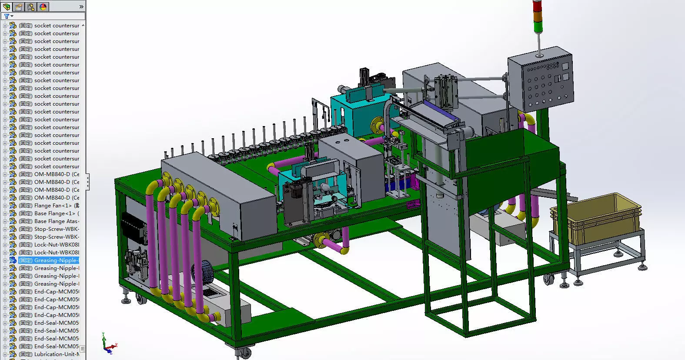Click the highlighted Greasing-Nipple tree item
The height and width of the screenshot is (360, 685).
56,260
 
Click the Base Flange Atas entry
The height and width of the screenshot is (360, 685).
56,221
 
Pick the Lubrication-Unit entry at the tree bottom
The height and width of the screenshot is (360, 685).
56,354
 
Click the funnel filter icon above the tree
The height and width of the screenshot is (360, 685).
7,16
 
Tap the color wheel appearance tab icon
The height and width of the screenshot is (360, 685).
43,7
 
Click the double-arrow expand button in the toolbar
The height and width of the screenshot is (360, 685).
81,7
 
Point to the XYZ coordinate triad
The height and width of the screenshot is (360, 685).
107,344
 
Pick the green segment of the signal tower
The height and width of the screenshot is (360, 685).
538,26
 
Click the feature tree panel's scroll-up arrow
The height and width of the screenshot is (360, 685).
83,25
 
